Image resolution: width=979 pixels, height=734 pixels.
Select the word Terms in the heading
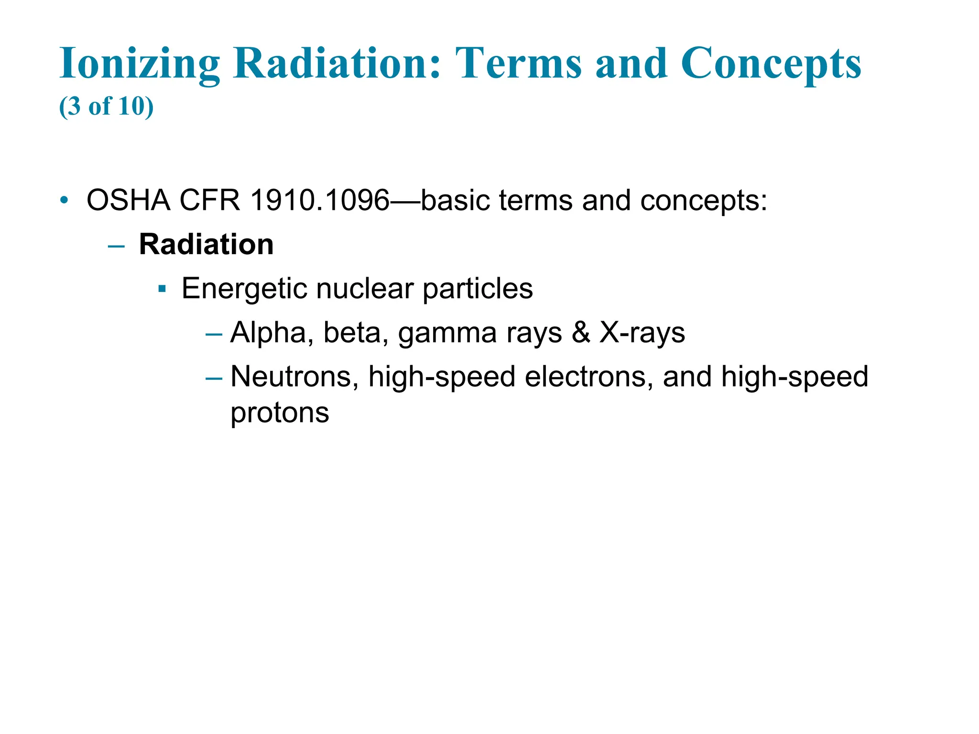click(x=519, y=64)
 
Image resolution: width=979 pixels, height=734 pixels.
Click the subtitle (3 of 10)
click(x=106, y=106)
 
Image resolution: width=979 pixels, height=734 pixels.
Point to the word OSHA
click(x=128, y=200)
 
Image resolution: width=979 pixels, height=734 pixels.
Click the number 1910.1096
click(x=320, y=200)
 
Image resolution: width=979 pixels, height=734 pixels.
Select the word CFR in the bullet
click(x=209, y=200)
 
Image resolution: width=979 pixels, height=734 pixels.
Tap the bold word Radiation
click(x=206, y=245)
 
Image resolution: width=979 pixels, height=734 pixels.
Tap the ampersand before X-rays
click(x=581, y=333)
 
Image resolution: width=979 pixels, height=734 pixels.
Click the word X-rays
click(x=642, y=333)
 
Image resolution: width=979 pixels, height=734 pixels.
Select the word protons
click(x=280, y=413)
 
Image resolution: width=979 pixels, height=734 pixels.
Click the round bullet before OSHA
click(x=65, y=200)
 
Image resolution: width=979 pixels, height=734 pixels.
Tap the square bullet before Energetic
click(x=162, y=289)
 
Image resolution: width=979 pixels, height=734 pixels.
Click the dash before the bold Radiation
click(x=116, y=246)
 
